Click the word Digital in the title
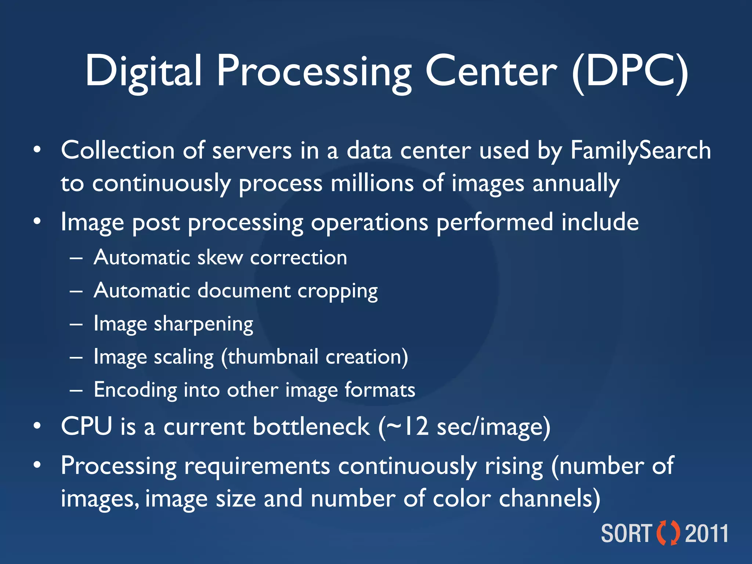(x=144, y=71)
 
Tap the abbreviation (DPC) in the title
(x=630, y=71)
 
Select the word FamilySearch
(x=641, y=151)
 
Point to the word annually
(x=576, y=184)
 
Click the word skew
(x=220, y=257)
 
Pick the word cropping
(x=337, y=291)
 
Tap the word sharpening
(x=203, y=324)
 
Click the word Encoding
(x=135, y=390)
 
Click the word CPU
(x=86, y=426)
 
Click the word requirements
(x=257, y=466)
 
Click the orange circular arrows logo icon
(x=668, y=533)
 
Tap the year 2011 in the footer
(x=707, y=534)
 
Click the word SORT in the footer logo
(x=626, y=534)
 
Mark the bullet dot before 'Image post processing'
(x=37, y=222)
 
